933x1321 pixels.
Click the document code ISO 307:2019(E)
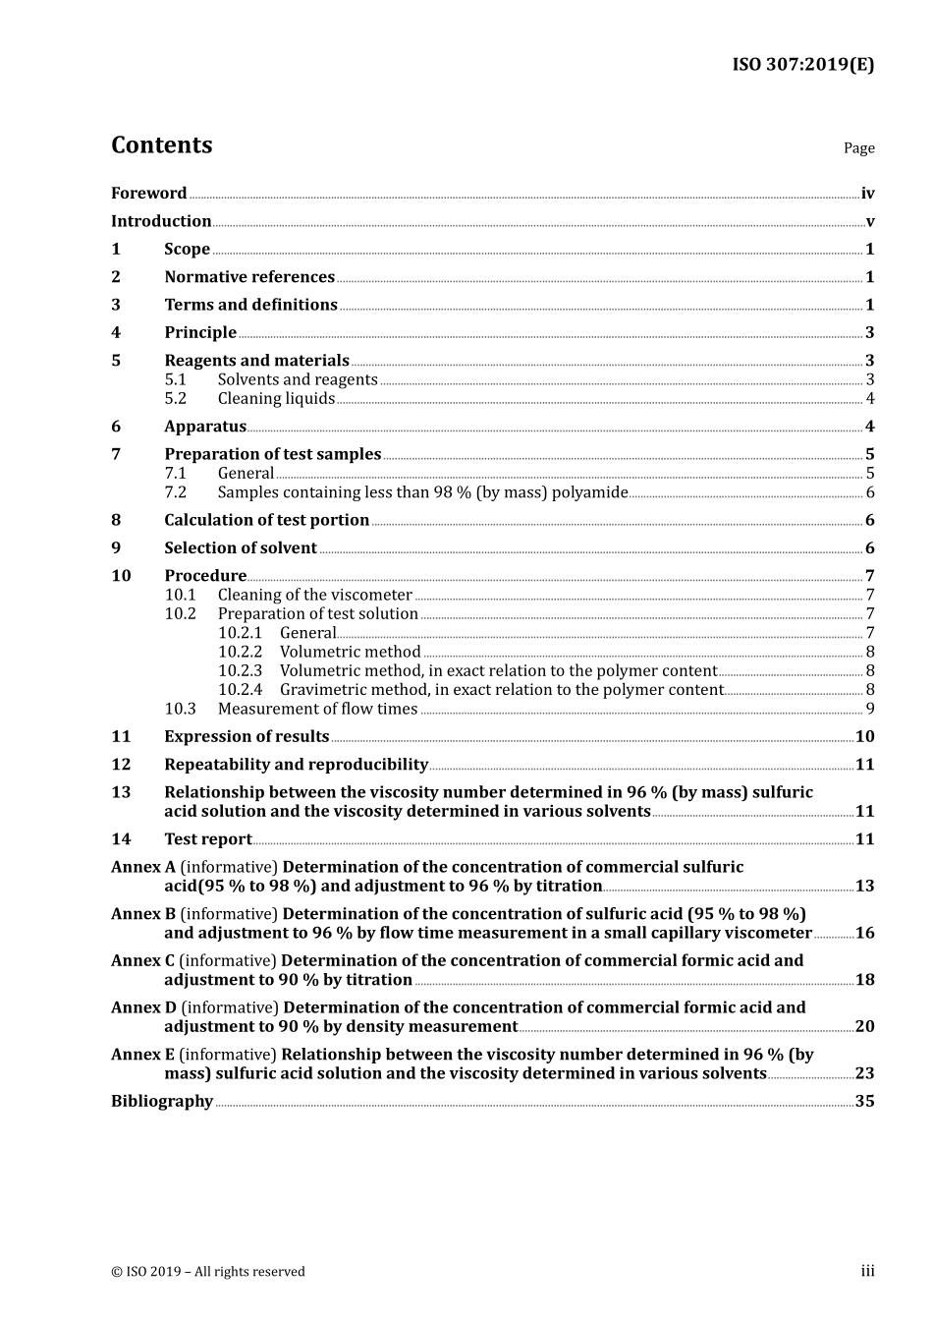(x=802, y=65)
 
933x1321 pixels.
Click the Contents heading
(x=161, y=144)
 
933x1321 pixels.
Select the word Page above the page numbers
(x=858, y=148)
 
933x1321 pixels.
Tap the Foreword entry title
(x=148, y=194)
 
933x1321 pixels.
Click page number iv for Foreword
(x=867, y=194)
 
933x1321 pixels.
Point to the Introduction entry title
(x=161, y=221)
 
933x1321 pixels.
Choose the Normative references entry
(x=249, y=277)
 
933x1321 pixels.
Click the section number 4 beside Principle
(x=116, y=332)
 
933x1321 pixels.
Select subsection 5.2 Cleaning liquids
(x=276, y=398)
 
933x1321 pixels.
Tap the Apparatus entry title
(x=205, y=427)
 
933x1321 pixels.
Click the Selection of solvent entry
(x=241, y=547)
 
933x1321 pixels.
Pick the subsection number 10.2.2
(x=240, y=652)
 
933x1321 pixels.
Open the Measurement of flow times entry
(x=317, y=709)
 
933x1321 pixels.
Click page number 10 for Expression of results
(x=864, y=736)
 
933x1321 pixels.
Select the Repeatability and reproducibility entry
(x=296, y=764)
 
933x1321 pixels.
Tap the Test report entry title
(x=208, y=838)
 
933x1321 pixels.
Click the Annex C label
(x=142, y=960)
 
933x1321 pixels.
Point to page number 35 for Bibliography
(x=864, y=1101)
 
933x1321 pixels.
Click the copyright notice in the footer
(x=208, y=1272)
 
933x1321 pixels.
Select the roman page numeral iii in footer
(x=867, y=1271)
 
